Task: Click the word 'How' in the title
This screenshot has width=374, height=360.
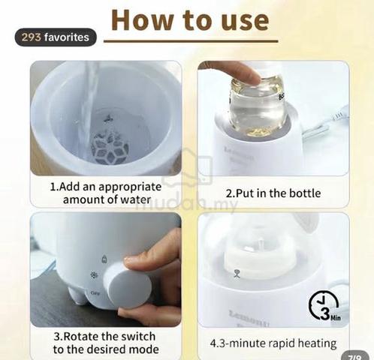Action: tap(142, 20)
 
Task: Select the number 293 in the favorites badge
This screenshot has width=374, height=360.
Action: tap(32, 37)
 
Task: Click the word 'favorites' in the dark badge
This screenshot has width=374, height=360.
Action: tap(67, 37)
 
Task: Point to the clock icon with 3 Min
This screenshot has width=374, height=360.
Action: tap(324, 306)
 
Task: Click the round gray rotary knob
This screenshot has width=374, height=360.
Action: tap(128, 285)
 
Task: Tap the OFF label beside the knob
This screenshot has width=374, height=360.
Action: tap(95, 292)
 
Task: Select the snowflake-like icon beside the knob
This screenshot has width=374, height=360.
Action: tap(94, 275)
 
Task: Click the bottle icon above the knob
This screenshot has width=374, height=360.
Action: tap(104, 259)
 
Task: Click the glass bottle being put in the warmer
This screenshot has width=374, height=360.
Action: tap(258, 106)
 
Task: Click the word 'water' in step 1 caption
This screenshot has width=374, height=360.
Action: tap(135, 199)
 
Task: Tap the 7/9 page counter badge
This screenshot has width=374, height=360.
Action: tap(355, 356)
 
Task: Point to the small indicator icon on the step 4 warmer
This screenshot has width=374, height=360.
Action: tap(237, 274)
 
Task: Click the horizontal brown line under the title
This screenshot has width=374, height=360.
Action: tap(191, 40)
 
